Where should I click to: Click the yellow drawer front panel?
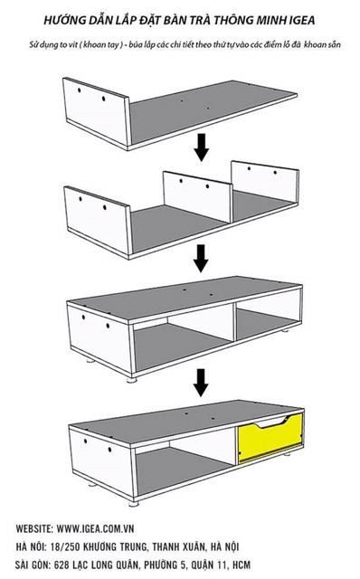pyautogui.click(x=270, y=438)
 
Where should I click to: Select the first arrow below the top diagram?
pyautogui.click(x=201, y=147)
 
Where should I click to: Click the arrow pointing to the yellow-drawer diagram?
pyautogui.click(x=201, y=383)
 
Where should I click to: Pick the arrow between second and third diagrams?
pyautogui.click(x=201, y=258)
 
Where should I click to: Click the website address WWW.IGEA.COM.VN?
pyautogui.click(x=95, y=528)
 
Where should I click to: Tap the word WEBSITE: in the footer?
pyautogui.click(x=34, y=528)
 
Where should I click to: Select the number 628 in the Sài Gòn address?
pyautogui.click(x=62, y=565)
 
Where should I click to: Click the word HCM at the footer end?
pyautogui.click(x=242, y=565)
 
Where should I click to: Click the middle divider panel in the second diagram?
pyautogui.click(x=197, y=197)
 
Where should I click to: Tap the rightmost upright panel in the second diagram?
pyautogui.click(x=264, y=182)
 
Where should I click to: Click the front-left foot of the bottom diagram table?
pyautogui.click(x=134, y=503)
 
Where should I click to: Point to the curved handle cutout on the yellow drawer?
pyautogui.click(x=272, y=422)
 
